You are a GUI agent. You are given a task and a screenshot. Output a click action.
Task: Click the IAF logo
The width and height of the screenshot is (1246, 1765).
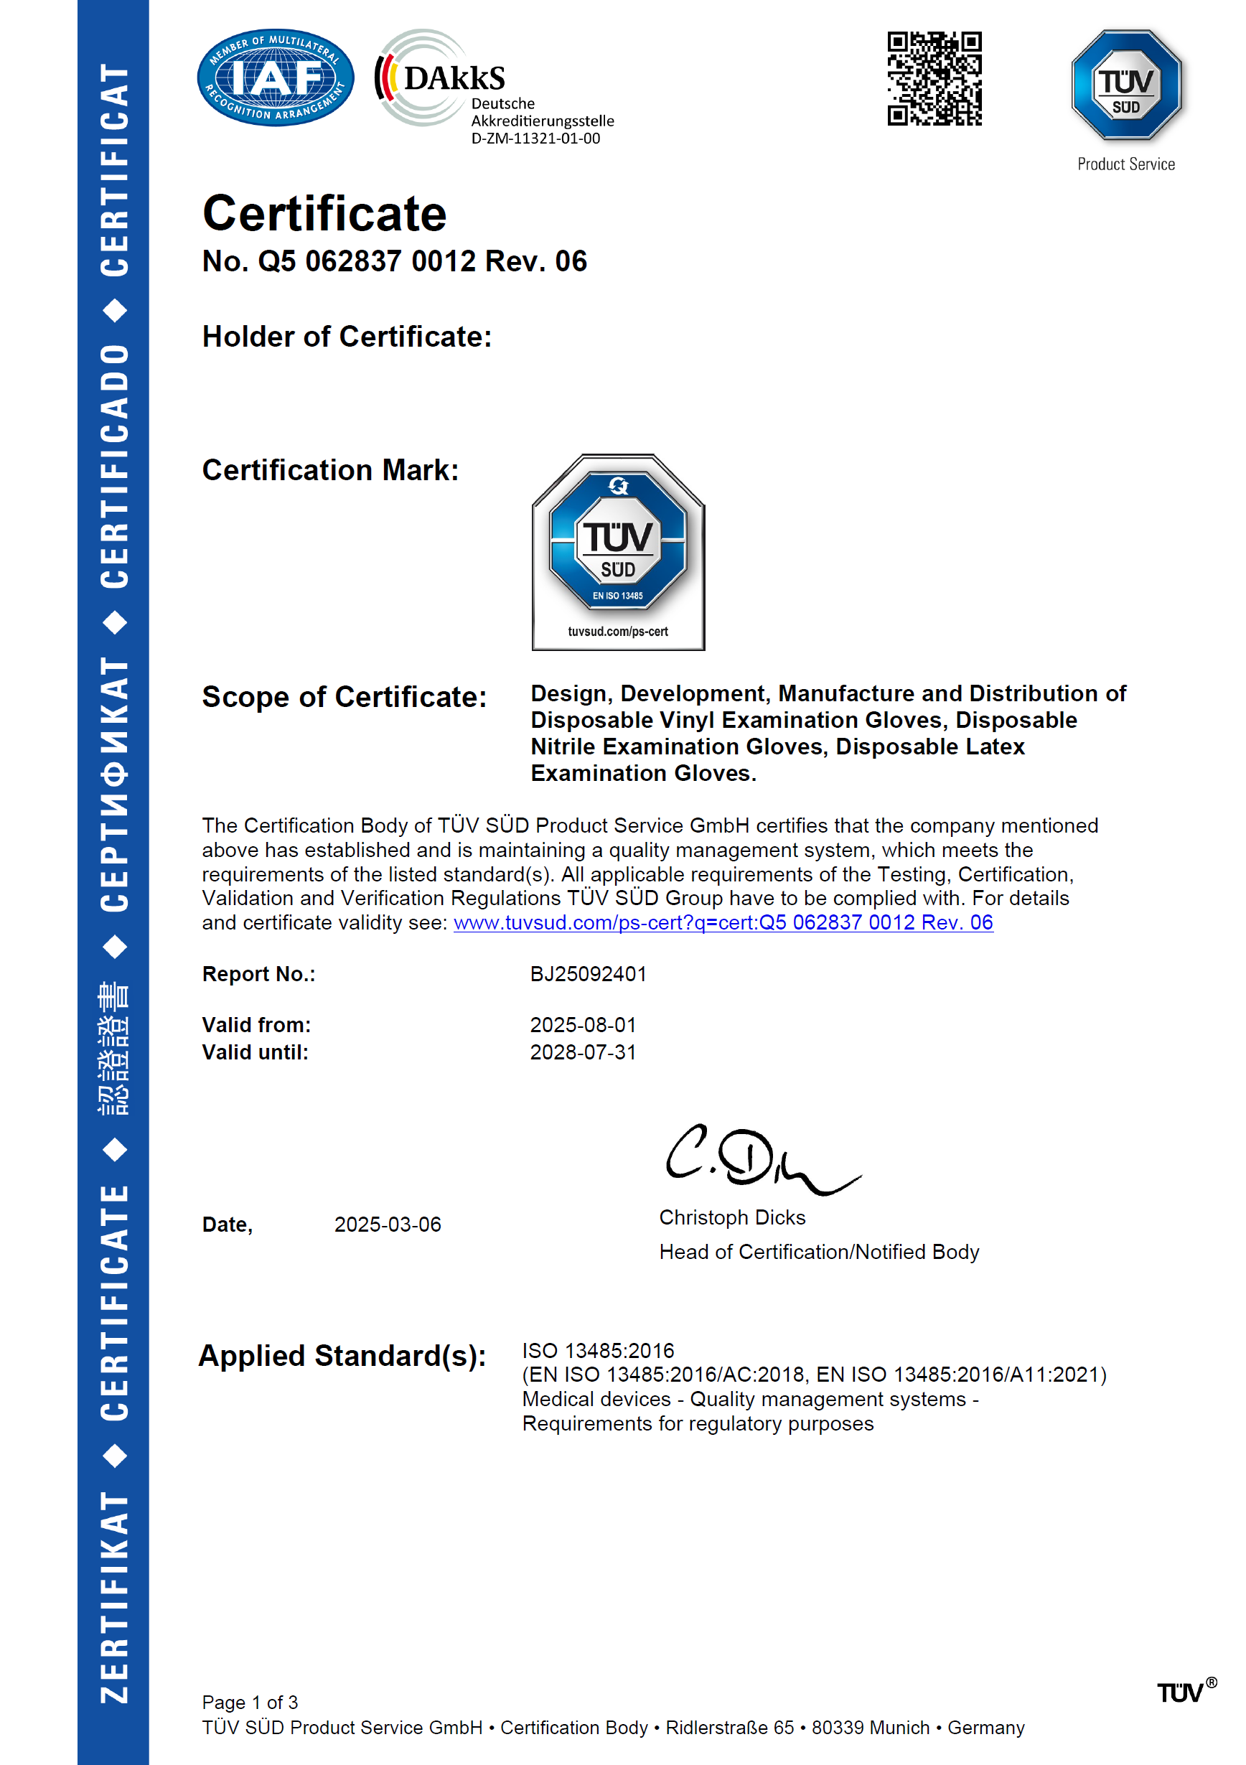[x=275, y=78]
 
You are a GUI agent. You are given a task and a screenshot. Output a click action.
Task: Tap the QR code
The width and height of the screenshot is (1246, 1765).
[x=934, y=78]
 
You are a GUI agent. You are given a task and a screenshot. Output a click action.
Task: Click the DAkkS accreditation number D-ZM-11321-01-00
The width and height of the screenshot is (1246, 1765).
[x=535, y=139]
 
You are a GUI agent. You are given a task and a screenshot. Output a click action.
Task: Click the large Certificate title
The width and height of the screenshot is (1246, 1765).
[x=324, y=214]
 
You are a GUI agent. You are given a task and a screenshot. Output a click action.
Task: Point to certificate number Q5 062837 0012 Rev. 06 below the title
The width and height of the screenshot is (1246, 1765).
[x=394, y=261]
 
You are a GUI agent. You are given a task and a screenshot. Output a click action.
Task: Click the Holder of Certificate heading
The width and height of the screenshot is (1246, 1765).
[x=347, y=337]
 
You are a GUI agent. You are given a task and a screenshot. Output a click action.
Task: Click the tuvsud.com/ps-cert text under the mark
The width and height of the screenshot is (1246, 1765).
[x=618, y=631]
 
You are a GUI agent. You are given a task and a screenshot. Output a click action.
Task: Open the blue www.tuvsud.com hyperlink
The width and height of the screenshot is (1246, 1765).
[x=723, y=922]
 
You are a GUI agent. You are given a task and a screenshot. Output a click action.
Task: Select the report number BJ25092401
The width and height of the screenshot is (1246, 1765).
[x=588, y=974]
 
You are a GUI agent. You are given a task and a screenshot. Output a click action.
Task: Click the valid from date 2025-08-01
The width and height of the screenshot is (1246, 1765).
[x=583, y=1025]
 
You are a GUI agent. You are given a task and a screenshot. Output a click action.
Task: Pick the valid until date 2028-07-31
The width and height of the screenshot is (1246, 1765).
[x=583, y=1052]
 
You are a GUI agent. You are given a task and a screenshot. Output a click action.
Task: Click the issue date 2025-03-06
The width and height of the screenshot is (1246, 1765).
[x=388, y=1224]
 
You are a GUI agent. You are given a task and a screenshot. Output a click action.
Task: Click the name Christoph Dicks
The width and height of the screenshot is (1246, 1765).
[x=732, y=1217]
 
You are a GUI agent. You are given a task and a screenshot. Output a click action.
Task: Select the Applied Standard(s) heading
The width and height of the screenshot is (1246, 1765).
[x=342, y=1355]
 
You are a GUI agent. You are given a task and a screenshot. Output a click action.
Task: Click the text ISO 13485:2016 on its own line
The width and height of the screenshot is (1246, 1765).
[x=598, y=1350]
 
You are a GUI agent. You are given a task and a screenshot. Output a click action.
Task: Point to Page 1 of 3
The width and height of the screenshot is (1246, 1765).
[x=250, y=1702]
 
